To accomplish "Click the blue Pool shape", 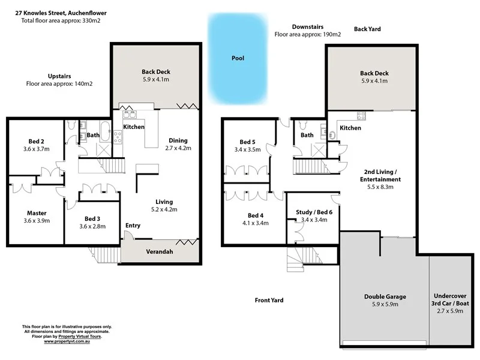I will point(238,59).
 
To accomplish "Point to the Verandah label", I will point(160,251).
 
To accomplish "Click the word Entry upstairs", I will point(133,226).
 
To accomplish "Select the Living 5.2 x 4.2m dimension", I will point(164,210).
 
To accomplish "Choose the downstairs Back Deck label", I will point(375,73).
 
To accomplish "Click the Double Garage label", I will point(385,296).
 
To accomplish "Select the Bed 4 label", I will point(256,215).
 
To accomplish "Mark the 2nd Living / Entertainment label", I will point(380,175).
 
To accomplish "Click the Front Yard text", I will point(268,300).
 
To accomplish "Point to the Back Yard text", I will point(367,29).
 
